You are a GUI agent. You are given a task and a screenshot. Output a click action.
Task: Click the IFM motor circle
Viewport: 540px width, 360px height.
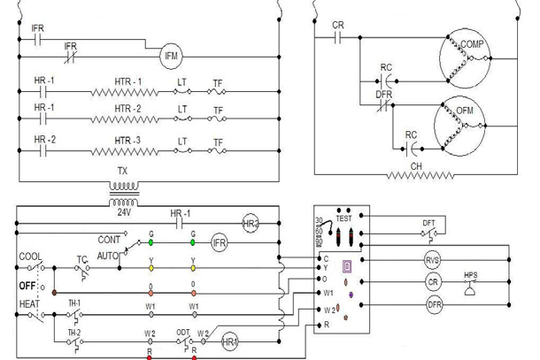coord(172,56)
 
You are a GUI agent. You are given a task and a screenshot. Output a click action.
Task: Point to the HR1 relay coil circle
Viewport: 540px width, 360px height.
coord(230,341)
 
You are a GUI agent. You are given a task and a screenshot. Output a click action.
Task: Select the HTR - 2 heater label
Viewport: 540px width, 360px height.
coord(127,109)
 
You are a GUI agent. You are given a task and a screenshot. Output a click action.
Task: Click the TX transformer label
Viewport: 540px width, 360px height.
coord(123,172)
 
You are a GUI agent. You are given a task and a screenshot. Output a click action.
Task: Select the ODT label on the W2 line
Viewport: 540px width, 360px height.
coord(182,333)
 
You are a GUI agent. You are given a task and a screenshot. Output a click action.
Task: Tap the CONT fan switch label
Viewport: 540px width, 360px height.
coord(109,240)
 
